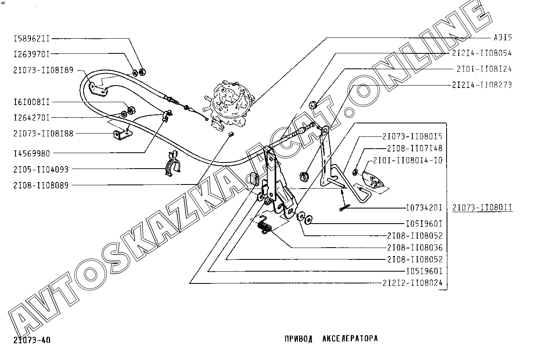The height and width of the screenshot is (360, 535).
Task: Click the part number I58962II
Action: click(31, 39)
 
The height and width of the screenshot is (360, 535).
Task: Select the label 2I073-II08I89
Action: click(43, 70)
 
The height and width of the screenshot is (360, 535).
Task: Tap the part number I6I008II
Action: click(31, 102)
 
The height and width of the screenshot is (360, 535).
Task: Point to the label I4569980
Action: click(31, 153)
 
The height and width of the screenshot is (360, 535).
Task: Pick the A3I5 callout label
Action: click(502, 38)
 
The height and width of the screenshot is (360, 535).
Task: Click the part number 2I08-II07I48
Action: click(414, 148)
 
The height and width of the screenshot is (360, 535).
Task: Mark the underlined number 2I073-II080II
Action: click(482, 208)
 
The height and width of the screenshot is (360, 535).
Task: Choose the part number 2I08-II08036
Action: click(414, 248)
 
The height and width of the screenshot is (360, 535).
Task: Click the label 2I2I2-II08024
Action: click(412, 283)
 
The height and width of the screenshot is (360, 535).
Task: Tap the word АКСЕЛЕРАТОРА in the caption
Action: click(350, 339)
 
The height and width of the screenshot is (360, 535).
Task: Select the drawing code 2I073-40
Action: click(32, 340)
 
